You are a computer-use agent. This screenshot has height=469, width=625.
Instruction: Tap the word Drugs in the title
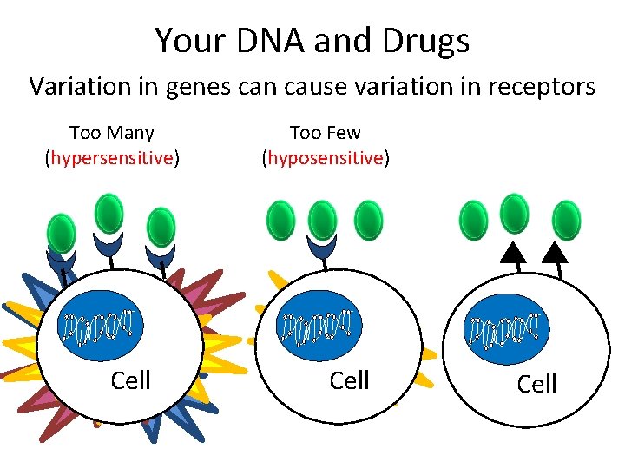(x=430, y=40)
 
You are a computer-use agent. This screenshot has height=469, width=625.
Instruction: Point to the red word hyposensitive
(x=326, y=158)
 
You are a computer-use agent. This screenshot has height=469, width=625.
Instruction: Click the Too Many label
(x=111, y=133)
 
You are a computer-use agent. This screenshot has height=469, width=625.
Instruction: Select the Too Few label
(x=325, y=133)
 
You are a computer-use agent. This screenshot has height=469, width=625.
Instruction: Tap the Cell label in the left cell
(x=131, y=380)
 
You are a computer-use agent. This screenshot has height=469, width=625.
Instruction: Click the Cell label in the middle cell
(x=350, y=380)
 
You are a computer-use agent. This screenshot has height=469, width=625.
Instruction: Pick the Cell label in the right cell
(x=536, y=384)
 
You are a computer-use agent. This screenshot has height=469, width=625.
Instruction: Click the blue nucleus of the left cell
(x=98, y=326)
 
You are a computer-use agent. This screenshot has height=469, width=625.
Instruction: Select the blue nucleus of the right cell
(x=507, y=329)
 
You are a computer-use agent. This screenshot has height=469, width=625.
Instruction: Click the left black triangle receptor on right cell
(x=515, y=252)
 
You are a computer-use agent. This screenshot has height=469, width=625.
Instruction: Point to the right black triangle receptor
(x=555, y=252)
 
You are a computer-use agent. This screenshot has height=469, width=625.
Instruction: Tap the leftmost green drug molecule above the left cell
(x=61, y=233)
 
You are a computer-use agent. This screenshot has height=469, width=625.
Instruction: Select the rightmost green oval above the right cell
(x=567, y=220)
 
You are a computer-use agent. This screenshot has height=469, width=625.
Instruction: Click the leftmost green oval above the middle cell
(x=280, y=220)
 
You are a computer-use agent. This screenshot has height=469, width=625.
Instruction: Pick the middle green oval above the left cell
(x=109, y=214)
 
